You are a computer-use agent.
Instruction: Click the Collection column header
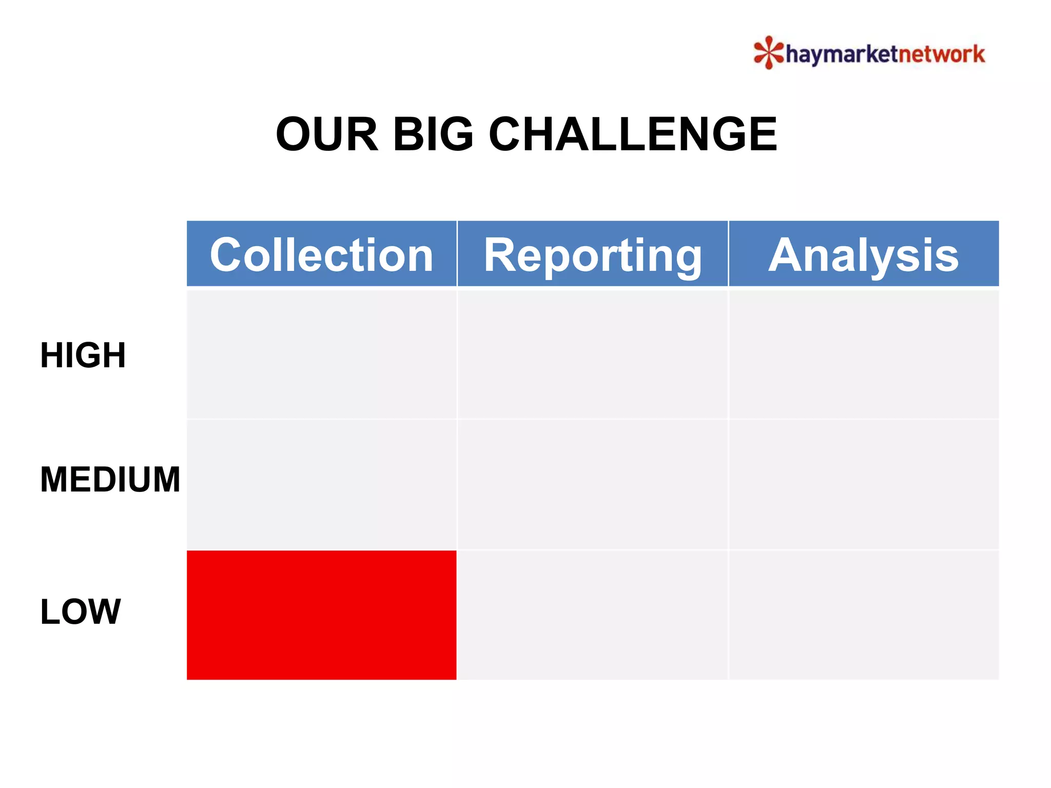click(321, 254)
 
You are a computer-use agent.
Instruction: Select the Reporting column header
click(593, 254)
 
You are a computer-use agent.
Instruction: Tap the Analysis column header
click(864, 254)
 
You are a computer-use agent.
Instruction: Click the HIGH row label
click(83, 355)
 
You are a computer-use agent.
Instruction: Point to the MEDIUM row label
click(110, 480)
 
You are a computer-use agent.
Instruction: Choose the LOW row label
click(81, 612)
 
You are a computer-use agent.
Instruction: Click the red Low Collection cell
click(321, 615)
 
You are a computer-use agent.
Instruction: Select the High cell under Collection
click(321, 354)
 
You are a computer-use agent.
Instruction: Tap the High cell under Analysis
click(864, 354)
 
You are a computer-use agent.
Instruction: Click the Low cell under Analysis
click(864, 615)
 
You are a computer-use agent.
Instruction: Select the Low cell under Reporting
click(593, 615)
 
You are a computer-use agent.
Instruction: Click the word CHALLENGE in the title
click(633, 134)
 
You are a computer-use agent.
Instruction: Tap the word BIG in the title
click(433, 134)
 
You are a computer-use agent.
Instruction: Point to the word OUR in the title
click(327, 134)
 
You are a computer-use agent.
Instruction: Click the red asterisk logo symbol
click(768, 52)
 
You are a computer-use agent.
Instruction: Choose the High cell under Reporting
click(593, 354)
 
